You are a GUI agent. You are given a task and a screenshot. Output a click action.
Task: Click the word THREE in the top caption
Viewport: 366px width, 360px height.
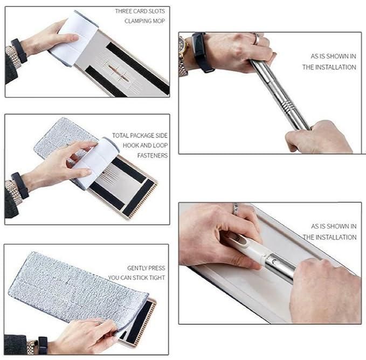tap(125, 11)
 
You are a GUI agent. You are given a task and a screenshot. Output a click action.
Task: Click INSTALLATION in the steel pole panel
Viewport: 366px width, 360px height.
tap(329, 67)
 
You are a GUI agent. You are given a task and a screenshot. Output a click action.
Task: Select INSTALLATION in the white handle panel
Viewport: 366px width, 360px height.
tap(329, 237)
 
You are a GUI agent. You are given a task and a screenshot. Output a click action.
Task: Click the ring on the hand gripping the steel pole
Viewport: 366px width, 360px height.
tap(257, 39)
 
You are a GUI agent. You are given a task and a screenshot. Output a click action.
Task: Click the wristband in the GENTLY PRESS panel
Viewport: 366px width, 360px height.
tap(42, 344)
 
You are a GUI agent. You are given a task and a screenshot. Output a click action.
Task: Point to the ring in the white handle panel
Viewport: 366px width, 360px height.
tap(236, 207)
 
